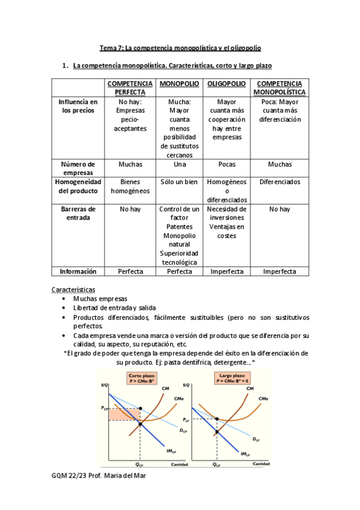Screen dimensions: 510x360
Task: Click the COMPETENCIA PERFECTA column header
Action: [x=129, y=88]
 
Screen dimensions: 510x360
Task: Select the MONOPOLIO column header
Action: [x=179, y=84]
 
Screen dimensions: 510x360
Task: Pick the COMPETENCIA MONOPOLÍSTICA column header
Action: [x=279, y=88]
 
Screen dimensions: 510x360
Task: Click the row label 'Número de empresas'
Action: [x=78, y=168]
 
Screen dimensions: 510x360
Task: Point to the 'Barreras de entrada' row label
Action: [x=78, y=213]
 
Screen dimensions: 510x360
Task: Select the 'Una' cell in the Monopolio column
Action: [x=179, y=164]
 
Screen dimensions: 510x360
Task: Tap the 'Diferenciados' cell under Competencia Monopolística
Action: [x=279, y=182]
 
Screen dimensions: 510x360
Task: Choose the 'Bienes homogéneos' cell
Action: [x=129, y=186]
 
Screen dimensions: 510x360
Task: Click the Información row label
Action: [x=78, y=271]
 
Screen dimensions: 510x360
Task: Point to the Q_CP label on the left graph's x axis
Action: [x=139, y=465]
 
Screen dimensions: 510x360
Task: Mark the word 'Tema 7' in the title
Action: [x=110, y=48]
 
